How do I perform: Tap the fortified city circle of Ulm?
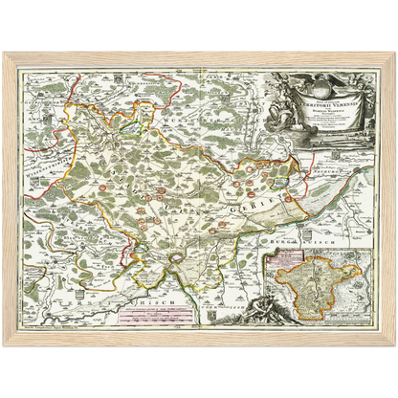pyautogui.click(x=179, y=259)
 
